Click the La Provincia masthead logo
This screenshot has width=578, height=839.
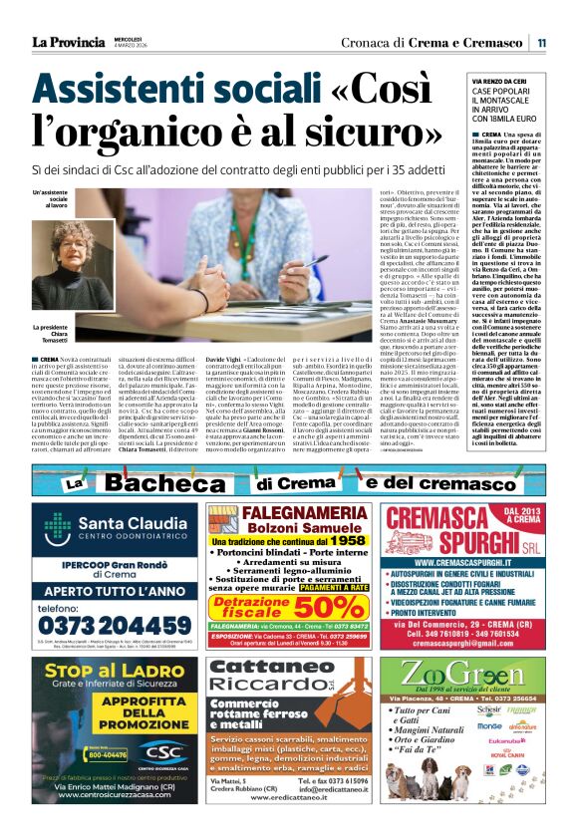click(68, 41)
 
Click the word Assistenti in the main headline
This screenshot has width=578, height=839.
click(119, 93)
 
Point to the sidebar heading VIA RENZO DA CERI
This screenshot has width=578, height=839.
click(506, 80)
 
